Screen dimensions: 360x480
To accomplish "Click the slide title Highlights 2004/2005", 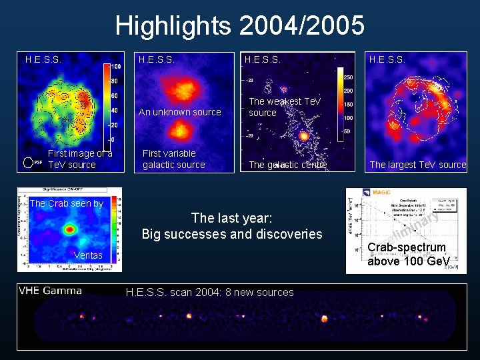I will [239, 26].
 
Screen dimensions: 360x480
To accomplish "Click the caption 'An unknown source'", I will [179, 112].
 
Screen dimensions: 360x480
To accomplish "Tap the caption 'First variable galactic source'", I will [173, 159].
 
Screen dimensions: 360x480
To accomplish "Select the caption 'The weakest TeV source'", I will [285, 107].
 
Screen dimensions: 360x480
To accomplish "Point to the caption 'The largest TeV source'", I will [418, 165].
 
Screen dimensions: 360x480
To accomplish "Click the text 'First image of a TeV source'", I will [79, 159].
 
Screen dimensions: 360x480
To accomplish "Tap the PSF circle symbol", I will [28, 162].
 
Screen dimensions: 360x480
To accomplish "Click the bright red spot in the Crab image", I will [69, 229].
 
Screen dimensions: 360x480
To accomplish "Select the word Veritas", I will [88, 255].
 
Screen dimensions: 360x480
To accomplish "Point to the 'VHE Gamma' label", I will [51, 290].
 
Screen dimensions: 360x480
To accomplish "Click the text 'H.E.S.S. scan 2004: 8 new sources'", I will [209, 292].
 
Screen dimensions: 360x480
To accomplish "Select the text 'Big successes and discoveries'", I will [231, 234].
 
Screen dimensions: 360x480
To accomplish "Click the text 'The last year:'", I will [231, 218].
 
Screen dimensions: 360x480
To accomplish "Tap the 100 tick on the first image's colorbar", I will [115, 67].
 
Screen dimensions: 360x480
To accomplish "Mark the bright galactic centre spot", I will [303, 135].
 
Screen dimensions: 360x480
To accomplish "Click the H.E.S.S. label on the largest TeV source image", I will [387, 59].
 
